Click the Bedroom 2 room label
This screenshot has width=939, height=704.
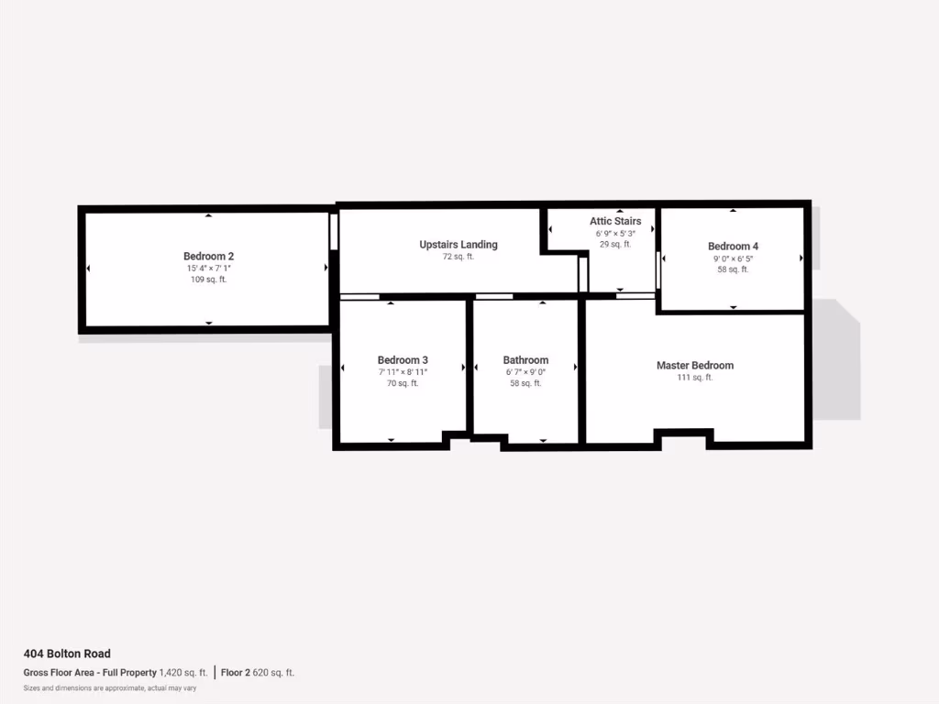(208, 257)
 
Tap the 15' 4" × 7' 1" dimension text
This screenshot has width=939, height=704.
(208, 269)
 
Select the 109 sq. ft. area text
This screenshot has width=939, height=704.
(208, 280)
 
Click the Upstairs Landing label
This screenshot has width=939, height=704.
(458, 245)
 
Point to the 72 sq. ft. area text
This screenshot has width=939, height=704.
(458, 257)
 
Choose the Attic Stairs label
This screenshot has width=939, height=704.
(615, 221)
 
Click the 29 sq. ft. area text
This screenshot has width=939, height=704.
(615, 245)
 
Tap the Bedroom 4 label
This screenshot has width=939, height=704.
(733, 247)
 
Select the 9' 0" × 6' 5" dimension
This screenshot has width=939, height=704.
(733, 258)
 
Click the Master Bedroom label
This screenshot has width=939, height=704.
(695, 366)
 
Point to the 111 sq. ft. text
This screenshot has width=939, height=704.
(695, 378)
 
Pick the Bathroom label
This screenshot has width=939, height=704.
(525, 360)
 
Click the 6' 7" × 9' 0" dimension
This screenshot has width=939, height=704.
(525, 372)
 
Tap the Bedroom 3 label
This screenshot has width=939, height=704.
(403, 360)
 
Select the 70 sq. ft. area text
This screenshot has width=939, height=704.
(403, 383)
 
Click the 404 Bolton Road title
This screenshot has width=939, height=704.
(67, 654)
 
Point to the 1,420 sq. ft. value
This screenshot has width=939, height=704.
(183, 673)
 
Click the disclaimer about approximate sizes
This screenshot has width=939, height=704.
(110, 687)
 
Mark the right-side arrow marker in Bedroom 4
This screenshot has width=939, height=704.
(801, 258)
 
